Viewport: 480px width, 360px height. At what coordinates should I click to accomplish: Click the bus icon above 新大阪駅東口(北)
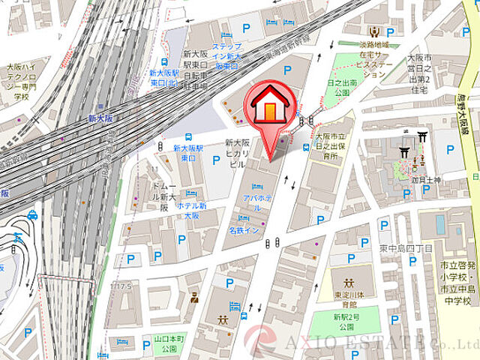[x=164, y=62]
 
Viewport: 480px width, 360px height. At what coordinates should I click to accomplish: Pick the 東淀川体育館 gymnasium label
[x=347, y=294]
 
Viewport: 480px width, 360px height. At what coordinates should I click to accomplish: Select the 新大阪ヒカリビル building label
[x=238, y=154]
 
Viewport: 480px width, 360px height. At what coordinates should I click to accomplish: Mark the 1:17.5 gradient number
[x=120, y=286]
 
